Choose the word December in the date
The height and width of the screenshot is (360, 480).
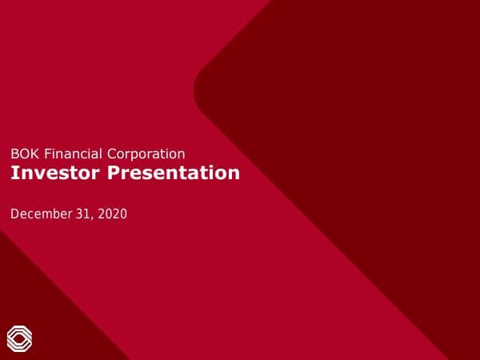(x=40, y=214)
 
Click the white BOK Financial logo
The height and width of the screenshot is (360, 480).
(x=19, y=338)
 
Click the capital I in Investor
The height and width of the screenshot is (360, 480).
(x=14, y=173)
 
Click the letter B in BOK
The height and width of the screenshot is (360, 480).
(x=14, y=154)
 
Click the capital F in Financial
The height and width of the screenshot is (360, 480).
(x=45, y=154)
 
